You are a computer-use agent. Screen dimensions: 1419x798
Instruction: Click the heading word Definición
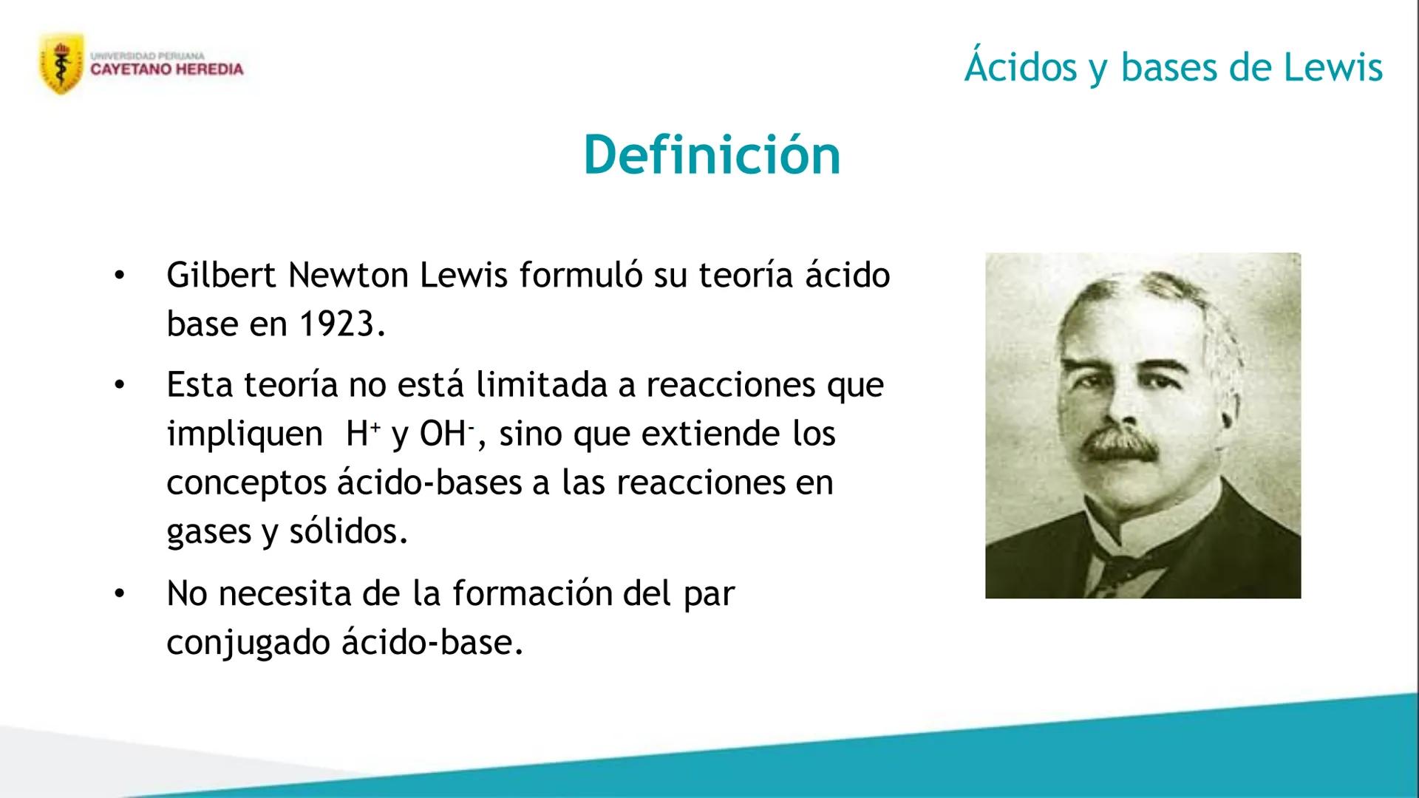point(712,155)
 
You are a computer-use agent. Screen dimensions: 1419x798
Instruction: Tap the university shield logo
point(61,64)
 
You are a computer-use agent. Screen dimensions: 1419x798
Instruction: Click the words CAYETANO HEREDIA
point(167,69)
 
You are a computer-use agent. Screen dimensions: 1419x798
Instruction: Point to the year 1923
point(342,324)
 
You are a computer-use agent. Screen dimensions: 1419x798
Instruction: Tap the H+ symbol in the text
point(363,433)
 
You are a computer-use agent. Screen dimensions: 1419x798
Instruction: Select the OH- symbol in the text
point(446,433)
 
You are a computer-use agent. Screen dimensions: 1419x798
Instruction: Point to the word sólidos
point(348,531)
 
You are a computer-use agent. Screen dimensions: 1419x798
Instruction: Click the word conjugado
point(248,643)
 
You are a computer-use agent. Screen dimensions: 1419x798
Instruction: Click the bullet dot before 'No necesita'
point(120,593)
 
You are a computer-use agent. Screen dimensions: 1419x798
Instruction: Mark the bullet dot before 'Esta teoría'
point(120,384)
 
